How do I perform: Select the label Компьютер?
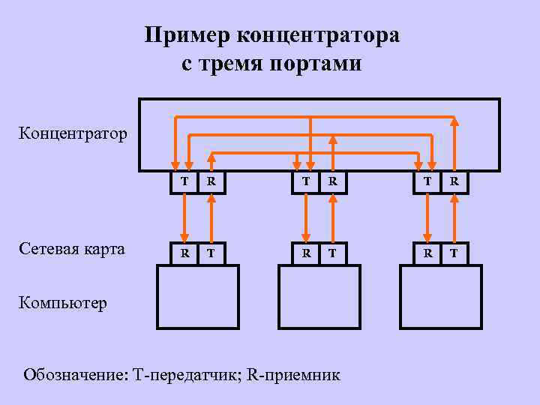[63, 304]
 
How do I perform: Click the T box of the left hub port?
[184, 181]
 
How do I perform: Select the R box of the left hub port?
[212, 181]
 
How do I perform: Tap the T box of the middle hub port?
[305, 181]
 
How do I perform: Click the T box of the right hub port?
[427, 181]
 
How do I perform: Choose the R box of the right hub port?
[454, 181]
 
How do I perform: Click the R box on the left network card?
[184, 253]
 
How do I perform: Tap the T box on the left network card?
[212, 253]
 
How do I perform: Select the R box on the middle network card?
[305, 253]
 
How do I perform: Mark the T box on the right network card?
[454, 253]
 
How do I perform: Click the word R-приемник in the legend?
[298, 373]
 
